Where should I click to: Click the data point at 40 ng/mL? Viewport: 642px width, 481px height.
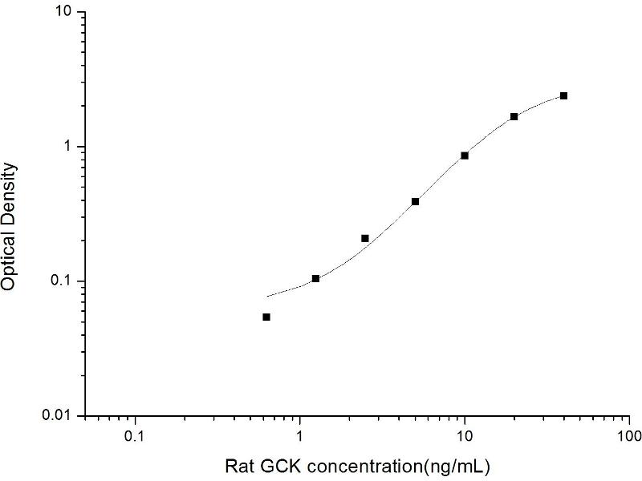[x=564, y=95]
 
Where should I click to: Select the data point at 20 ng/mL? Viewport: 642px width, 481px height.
[x=514, y=116]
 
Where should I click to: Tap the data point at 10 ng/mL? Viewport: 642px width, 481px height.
[x=465, y=156]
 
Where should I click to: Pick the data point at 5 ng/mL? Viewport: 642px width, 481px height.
[x=415, y=201]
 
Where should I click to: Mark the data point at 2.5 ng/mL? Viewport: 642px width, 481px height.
[x=365, y=238]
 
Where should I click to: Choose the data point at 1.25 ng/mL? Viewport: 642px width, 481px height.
[x=315, y=278]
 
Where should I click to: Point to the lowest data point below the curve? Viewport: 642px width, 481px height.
[x=266, y=317]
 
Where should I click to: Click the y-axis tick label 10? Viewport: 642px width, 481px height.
[x=63, y=13]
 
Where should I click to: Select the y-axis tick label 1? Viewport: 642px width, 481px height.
[x=68, y=147]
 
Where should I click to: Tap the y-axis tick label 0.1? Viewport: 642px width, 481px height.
[x=62, y=281]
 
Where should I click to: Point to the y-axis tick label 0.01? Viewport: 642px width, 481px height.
[x=58, y=415]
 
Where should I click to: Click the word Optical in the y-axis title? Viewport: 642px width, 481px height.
[x=9, y=259]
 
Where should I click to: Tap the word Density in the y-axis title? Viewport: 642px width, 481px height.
[x=9, y=192]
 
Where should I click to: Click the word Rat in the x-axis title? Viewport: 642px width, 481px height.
[x=238, y=466]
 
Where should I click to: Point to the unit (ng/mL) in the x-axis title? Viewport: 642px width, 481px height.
[x=454, y=466]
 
